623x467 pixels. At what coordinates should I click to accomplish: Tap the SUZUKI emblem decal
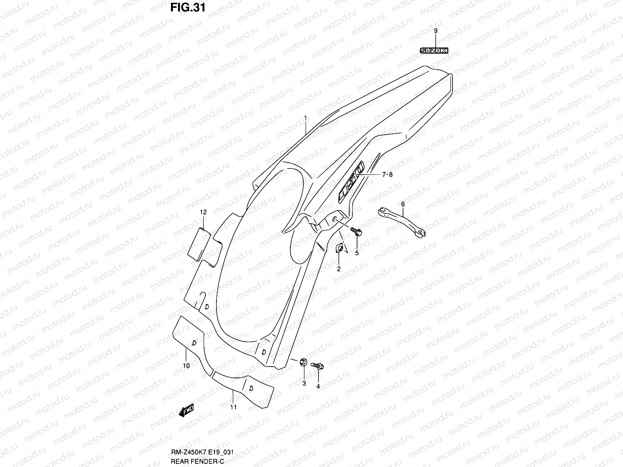[x=433, y=51]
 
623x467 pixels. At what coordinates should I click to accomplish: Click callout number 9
[x=435, y=30]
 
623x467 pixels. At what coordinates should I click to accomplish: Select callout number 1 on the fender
[x=306, y=118]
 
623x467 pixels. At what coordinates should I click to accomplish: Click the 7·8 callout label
[x=387, y=175]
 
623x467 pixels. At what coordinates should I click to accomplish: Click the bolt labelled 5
[x=357, y=232]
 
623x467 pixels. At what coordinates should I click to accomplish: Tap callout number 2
[x=338, y=269]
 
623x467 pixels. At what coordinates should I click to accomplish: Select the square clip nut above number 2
[x=340, y=248]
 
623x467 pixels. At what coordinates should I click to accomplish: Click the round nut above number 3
[x=303, y=362]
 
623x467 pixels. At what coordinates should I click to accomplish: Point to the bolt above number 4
[x=318, y=366]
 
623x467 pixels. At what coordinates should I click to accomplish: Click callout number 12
[x=203, y=212]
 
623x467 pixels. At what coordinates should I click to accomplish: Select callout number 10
[x=186, y=366]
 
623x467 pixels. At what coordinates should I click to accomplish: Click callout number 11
[x=233, y=407]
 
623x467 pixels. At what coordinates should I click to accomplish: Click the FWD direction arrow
[x=187, y=410]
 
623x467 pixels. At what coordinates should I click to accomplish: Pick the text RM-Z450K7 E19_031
[x=202, y=452]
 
